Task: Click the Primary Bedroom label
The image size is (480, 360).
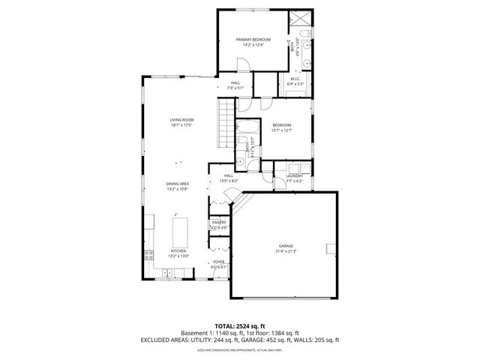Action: (x=253, y=39)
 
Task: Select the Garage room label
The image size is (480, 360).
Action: (x=286, y=245)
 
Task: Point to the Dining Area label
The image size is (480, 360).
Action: (x=177, y=184)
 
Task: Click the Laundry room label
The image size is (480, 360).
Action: (x=293, y=175)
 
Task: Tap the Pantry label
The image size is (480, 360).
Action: (x=218, y=222)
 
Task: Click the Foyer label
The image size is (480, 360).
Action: (x=218, y=262)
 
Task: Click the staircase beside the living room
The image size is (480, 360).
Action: (x=226, y=124)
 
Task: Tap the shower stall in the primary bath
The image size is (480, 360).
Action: (x=304, y=20)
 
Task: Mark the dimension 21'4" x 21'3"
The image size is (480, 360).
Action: (x=286, y=251)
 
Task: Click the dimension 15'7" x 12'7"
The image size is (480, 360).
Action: (x=281, y=130)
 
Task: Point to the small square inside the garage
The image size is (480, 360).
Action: (x=330, y=249)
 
